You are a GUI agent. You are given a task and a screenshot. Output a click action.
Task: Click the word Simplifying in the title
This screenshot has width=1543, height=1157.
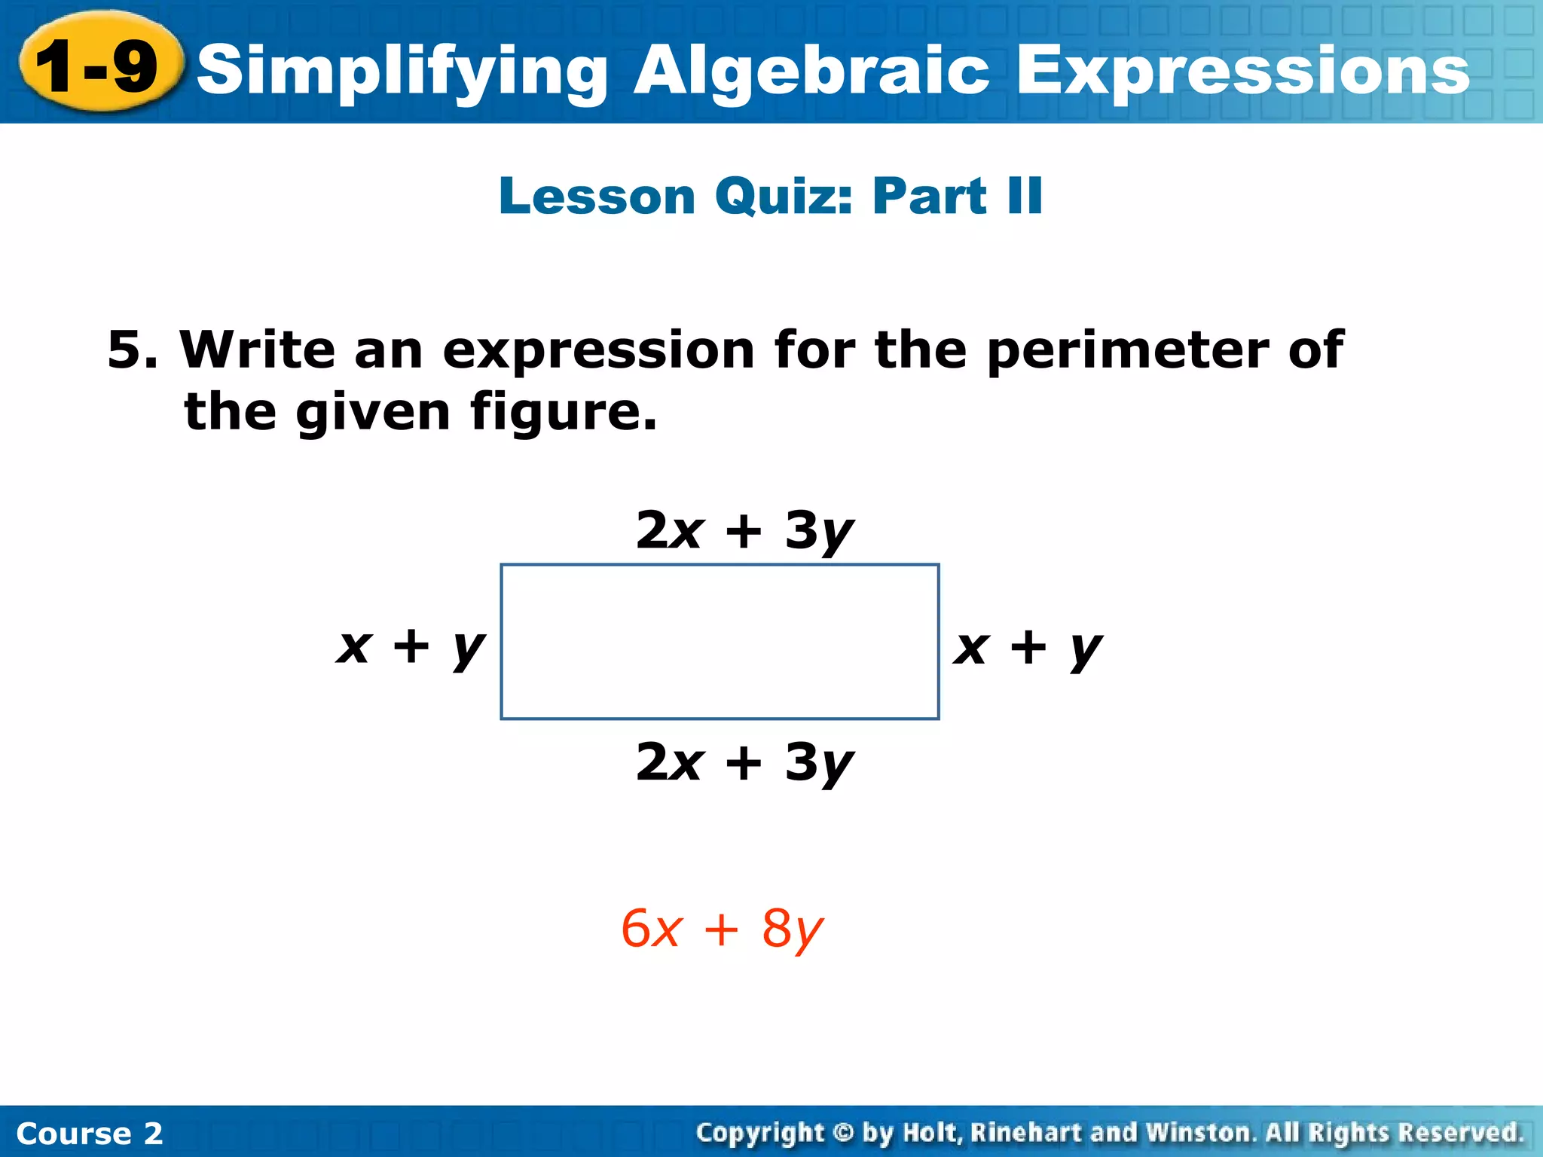coord(402,72)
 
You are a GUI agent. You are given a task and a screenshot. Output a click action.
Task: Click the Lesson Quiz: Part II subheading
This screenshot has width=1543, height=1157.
coord(771,196)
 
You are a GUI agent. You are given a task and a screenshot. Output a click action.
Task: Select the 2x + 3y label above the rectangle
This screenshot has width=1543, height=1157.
coord(744,531)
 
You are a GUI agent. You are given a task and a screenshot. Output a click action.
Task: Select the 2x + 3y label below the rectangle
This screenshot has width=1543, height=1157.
coord(744,763)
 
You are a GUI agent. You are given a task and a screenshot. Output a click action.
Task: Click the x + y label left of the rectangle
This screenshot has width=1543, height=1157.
coord(411,647)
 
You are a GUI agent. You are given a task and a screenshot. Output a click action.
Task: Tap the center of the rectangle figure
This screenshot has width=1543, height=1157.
coord(720,642)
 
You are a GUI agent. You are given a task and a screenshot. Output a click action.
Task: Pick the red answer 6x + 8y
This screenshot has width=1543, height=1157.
coord(722,930)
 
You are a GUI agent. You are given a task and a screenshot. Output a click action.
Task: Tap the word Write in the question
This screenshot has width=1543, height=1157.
coord(257,350)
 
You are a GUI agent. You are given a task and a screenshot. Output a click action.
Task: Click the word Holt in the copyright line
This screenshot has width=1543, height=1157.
coord(932,1133)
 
